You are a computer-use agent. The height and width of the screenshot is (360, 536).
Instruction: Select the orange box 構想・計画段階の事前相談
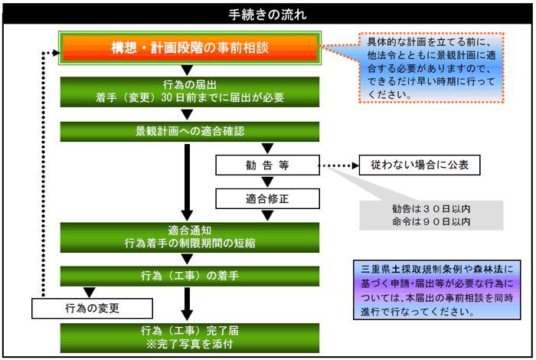[x=188, y=48]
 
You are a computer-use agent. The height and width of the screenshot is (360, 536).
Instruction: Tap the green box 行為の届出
[x=188, y=90]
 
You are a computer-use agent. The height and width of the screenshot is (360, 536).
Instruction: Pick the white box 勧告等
[x=266, y=165]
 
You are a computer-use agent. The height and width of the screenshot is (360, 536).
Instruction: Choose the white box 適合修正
[x=266, y=198]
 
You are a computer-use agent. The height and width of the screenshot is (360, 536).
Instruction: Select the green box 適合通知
[x=188, y=236]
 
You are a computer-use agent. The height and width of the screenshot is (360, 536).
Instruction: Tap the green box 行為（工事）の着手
[x=188, y=275]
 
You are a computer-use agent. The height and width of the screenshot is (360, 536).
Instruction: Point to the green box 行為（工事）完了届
[x=188, y=338]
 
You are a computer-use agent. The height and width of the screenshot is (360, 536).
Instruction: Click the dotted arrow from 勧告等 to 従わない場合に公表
[x=338, y=165]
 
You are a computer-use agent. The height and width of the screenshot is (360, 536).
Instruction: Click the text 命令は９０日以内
[x=430, y=222]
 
